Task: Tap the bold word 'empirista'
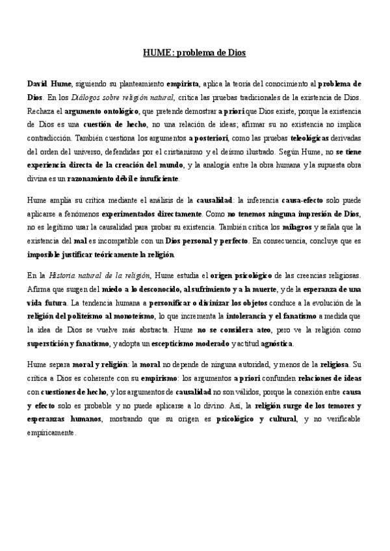(184, 85)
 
